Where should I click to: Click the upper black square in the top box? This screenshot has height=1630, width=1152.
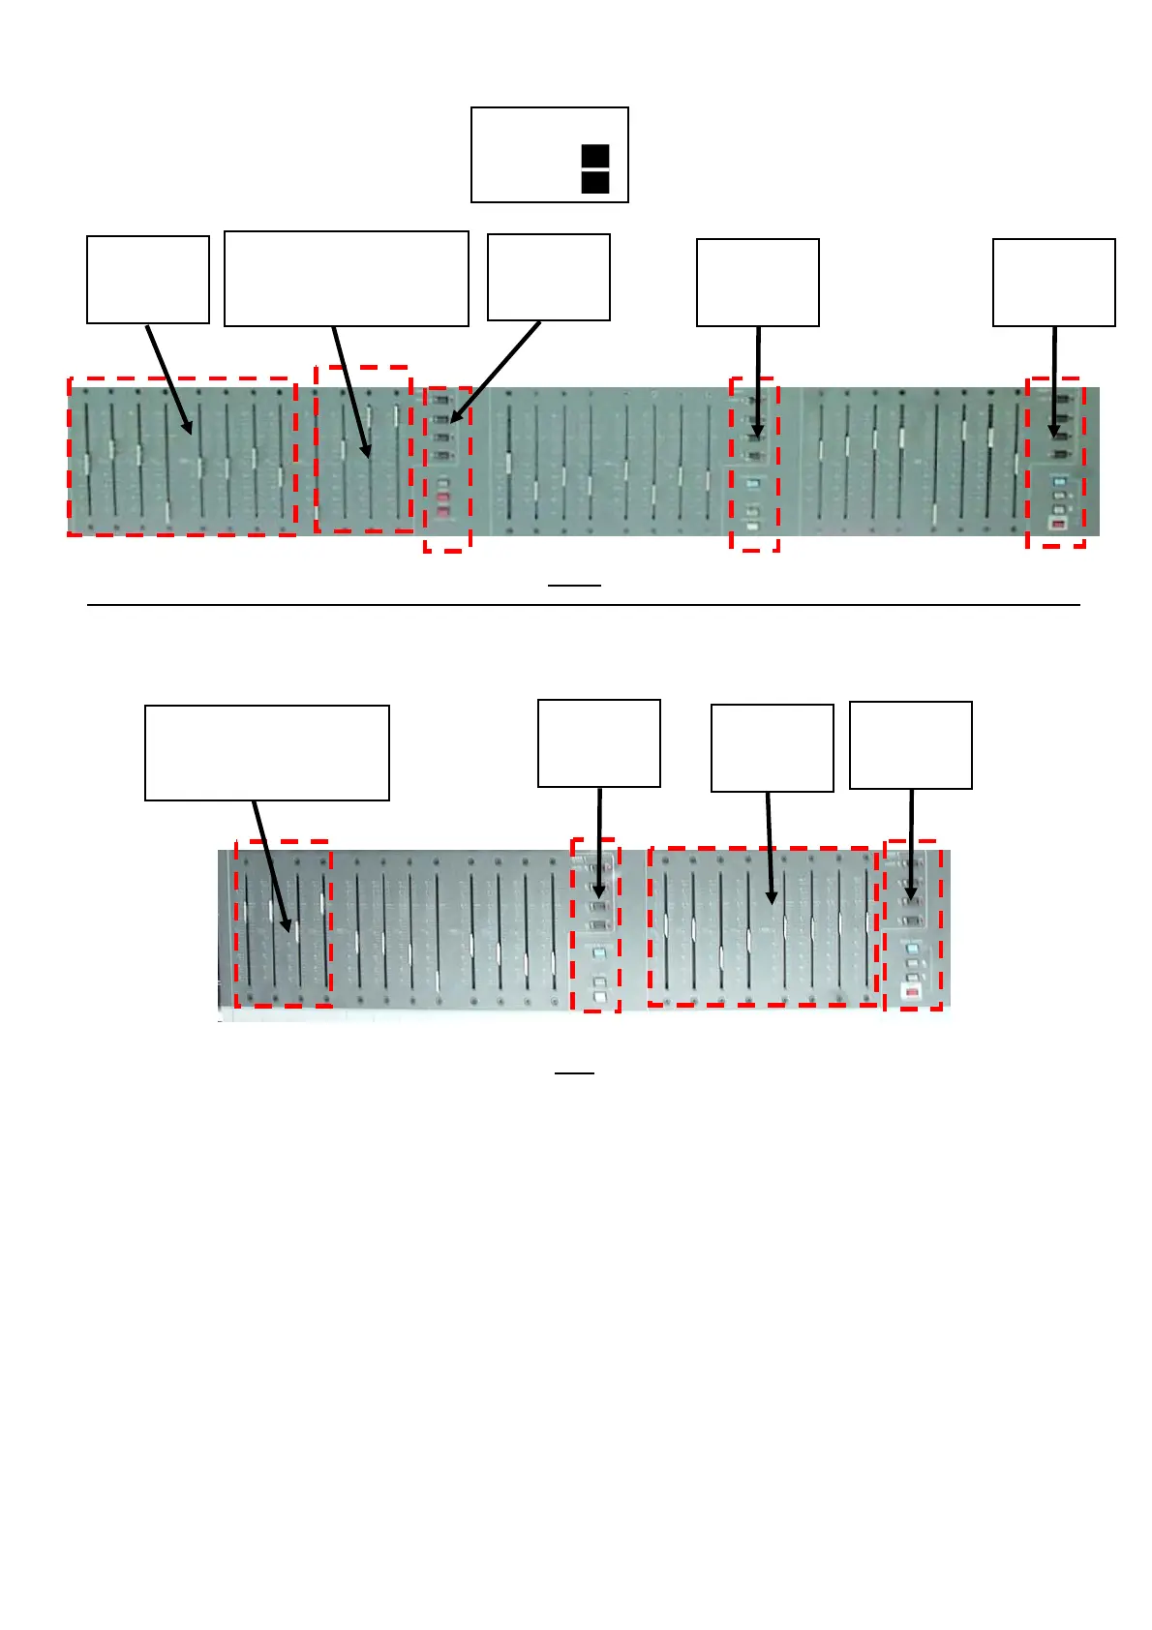tap(595, 157)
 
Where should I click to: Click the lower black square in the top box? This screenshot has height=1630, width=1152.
tap(595, 182)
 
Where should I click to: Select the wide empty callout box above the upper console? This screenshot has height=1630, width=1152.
tap(346, 279)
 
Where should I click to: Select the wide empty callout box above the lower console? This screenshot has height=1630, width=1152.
tap(266, 753)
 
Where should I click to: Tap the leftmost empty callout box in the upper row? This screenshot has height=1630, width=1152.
tap(148, 280)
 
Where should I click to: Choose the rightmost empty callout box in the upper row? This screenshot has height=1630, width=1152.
tap(1053, 283)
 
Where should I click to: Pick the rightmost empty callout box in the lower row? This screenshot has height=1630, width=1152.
tap(910, 745)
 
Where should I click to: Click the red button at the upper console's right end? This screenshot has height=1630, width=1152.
tap(1058, 525)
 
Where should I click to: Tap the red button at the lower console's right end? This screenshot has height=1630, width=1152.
tap(910, 992)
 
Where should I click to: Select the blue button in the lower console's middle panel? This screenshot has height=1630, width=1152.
tap(599, 953)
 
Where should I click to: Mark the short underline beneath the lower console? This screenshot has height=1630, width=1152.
tap(573, 1073)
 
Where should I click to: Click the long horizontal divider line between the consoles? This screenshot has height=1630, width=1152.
tap(583, 605)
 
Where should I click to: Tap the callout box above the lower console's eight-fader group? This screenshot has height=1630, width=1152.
tap(772, 748)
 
